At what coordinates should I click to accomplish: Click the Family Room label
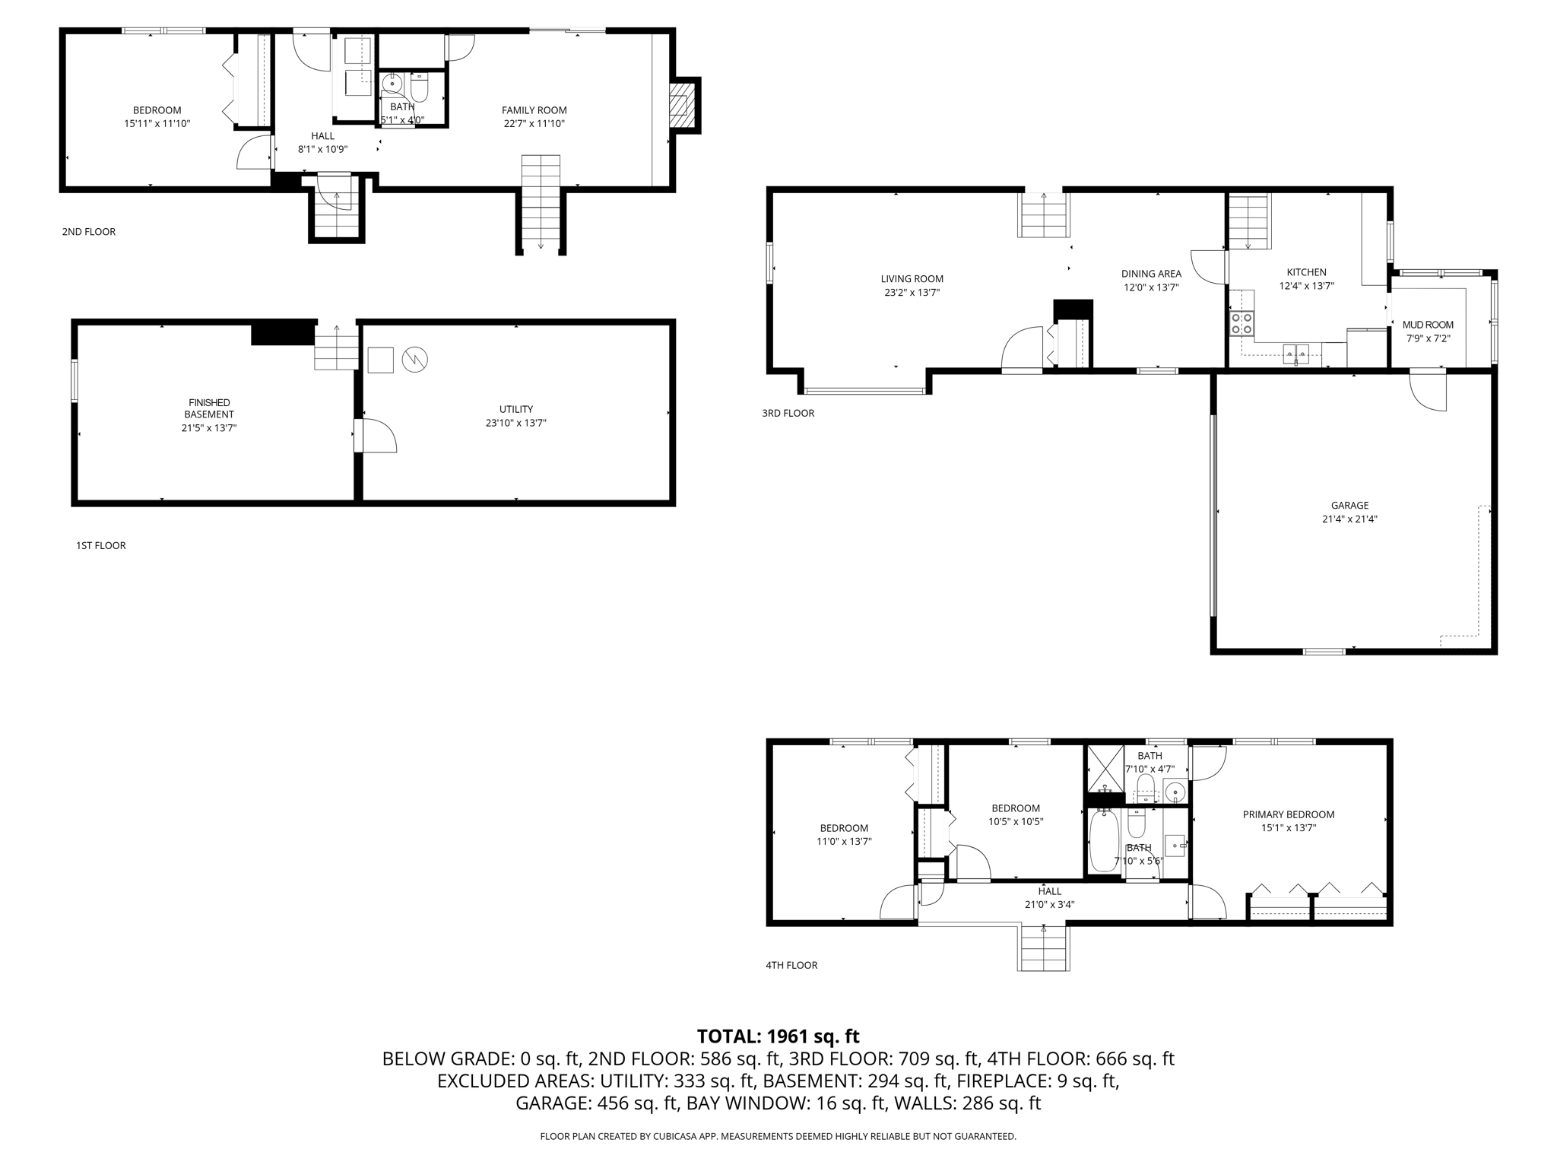(534, 110)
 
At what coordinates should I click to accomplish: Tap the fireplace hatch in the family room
(682, 106)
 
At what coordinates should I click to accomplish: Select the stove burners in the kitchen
(1241, 324)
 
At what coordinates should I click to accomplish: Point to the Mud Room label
(1428, 325)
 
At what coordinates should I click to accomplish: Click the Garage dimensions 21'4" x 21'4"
(1349, 519)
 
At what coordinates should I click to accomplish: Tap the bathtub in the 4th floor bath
(1102, 841)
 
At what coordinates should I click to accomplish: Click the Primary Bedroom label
(1289, 814)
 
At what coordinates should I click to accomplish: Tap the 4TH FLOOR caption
(791, 965)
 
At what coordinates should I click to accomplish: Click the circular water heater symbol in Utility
(415, 360)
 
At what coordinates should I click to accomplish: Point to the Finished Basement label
(209, 408)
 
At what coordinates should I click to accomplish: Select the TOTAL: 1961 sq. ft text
(778, 1036)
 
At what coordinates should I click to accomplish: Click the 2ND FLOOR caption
(89, 232)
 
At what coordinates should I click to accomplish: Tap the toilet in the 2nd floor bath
(420, 87)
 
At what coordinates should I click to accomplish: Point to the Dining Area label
(1151, 274)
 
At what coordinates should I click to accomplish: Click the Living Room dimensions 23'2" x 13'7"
(912, 292)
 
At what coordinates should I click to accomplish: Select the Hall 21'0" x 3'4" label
(1049, 898)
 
